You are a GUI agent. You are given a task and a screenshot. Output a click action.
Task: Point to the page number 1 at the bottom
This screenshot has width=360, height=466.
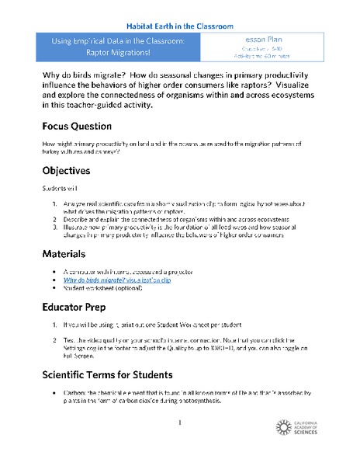pyautogui.click(x=179, y=423)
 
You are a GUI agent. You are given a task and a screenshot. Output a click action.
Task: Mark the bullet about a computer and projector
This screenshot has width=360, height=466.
pyautogui.click(x=128, y=272)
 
